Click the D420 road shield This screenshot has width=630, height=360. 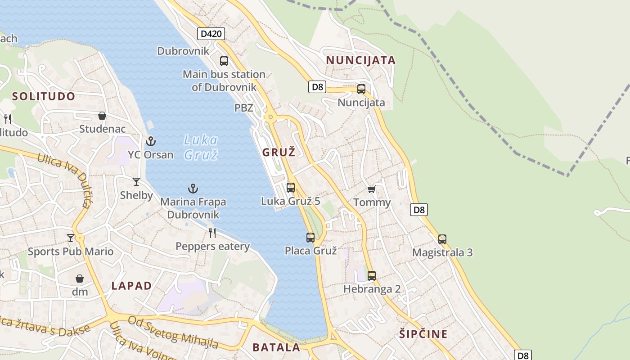point(211,34)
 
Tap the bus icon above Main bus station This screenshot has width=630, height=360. point(224,61)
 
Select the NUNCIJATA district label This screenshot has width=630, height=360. point(360,60)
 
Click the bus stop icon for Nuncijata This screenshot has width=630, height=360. point(361,89)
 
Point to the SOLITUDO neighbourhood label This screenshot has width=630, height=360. point(44,96)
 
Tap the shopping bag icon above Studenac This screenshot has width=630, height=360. point(102,116)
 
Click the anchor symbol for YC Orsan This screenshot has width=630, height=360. point(150,142)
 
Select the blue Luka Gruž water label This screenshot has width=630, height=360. point(201,147)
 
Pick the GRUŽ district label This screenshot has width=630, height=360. point(279,153)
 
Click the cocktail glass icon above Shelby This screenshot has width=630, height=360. point(136,182)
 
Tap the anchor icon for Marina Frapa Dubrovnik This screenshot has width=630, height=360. point(193,189)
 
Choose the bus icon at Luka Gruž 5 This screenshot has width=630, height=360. point(291,188)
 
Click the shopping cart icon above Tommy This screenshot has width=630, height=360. point(371,189)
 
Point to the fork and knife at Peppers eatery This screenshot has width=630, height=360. point(212,233)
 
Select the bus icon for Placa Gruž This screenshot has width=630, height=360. point(310,238)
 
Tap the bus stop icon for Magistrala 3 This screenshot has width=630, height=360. point(442,239)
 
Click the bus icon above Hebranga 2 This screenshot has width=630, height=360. point(372,275)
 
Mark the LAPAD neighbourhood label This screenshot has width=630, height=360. point(131,286)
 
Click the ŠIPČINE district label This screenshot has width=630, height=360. point(423,334)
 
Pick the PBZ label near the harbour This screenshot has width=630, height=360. point(244,108)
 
